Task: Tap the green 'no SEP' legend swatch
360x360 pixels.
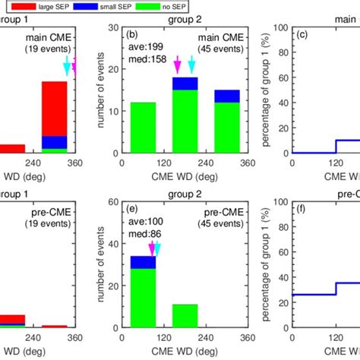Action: coord(201,6)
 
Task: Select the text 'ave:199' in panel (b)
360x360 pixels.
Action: coord(141,48)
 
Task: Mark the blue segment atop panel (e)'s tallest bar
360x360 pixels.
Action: coord(144,261)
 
